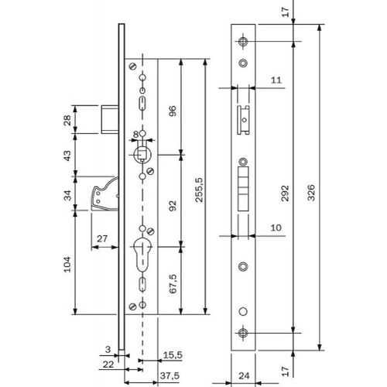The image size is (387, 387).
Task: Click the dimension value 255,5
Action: [x=199, y=190]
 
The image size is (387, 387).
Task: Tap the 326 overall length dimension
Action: [x=311, y=193]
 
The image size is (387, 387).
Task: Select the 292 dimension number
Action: [x=285, y=193]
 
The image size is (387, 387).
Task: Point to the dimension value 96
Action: [x=173, y=111]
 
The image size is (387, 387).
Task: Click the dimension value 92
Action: [x=173, y=206]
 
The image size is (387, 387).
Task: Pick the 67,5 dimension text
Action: [x=173, y=283]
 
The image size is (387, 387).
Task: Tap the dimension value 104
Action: [x=67, y=264]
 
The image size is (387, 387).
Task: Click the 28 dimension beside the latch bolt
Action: [x=67, y=120]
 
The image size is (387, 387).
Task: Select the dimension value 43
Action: [x=67, y=156]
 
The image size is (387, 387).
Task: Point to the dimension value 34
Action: [x=67, y=195]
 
